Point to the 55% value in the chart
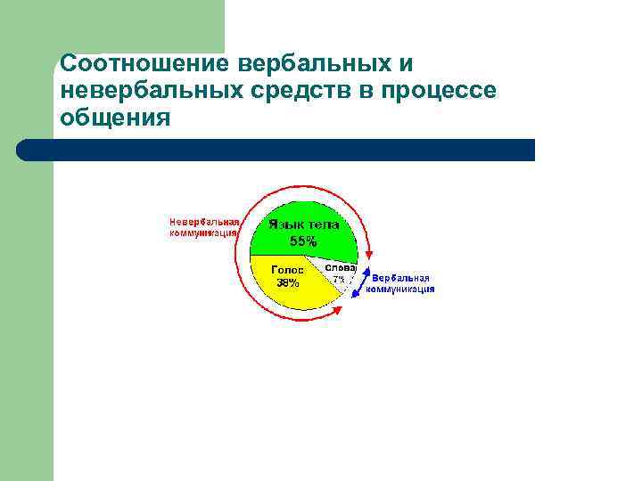coord(303,240)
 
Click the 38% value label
coord(287,283)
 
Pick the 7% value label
coord(339,279)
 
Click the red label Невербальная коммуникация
coord(204,227)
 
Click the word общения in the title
coord(114,117)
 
